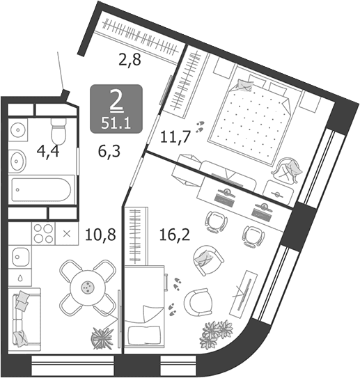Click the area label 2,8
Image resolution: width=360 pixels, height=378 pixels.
pos(130,60)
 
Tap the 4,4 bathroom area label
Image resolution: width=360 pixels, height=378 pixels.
pos(48,152)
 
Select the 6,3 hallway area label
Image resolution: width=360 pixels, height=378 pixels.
pos(109,151)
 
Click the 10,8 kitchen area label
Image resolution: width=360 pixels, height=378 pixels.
pos(101,235)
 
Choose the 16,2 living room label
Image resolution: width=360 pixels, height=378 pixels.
pos(175,235)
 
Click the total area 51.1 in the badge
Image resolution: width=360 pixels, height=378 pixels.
pos(116,124)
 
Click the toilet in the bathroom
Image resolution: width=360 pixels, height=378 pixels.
pos(58,131)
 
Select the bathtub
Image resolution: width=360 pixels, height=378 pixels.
pos(41,189)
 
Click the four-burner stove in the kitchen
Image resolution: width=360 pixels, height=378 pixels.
pos(43,234)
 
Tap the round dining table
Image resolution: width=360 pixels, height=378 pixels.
pos(88,287)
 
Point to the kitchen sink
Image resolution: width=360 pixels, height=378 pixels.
pos(20,258)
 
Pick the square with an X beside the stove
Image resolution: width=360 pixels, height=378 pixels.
pos(67,234)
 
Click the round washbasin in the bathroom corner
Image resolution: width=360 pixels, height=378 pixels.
pos(18,130)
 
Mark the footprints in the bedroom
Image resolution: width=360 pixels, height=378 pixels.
pos(200,127)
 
